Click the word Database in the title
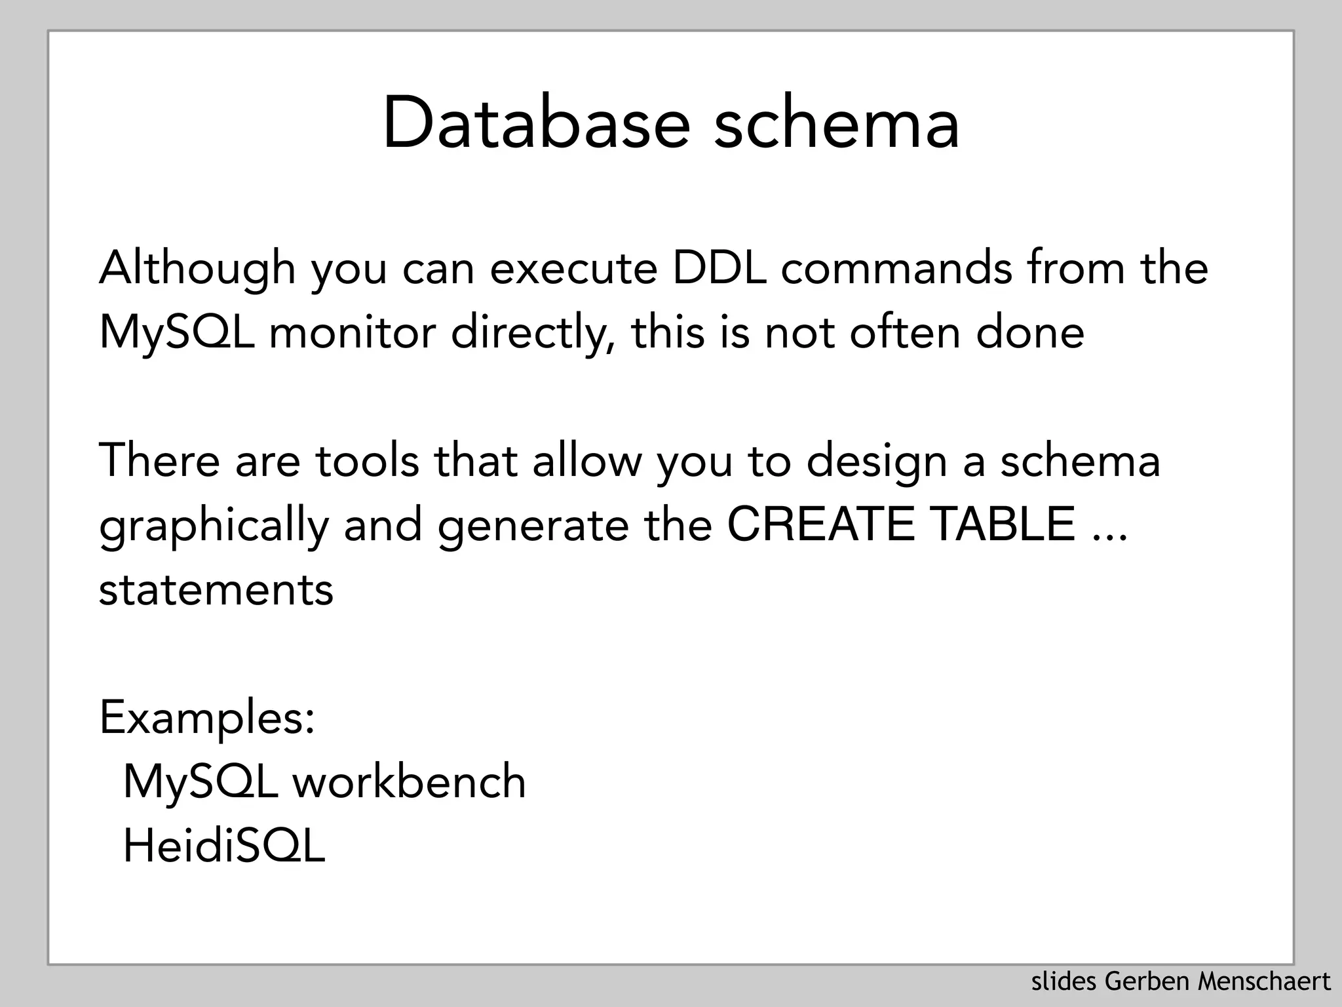tap(536, 123)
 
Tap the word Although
tap(197, 268)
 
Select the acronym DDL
tap(719, 268)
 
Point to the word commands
tap(896, 268)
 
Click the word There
tap(159, 460)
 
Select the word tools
tap(367, 460)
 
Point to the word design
tap(876, 460)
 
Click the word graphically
tap(214, 526)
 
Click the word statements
tap(216, 589)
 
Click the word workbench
tap(409, 782)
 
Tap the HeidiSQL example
tap(224, 846)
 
